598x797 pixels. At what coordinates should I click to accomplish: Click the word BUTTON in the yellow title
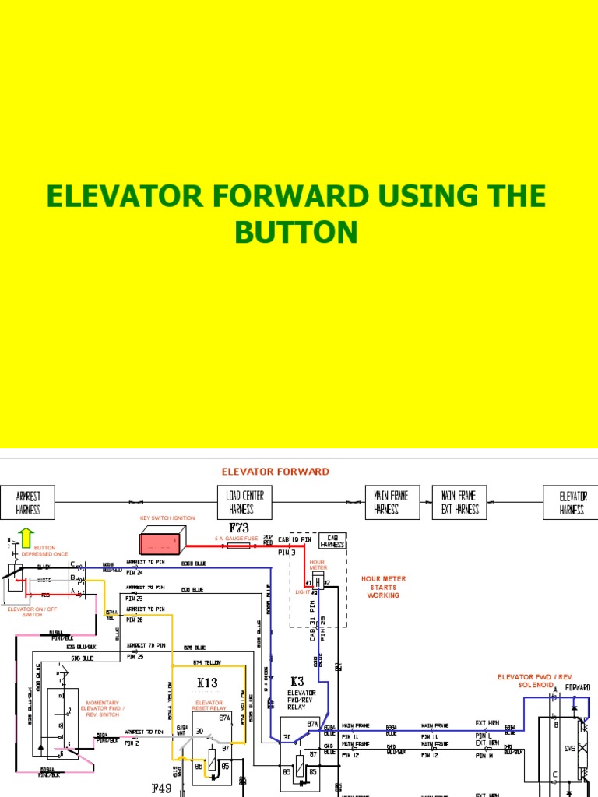click(x=296, y=232)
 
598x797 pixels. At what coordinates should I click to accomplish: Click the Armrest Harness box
click(x=28, y=503)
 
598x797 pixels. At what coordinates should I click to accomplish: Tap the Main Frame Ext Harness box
click(x=460, y=503)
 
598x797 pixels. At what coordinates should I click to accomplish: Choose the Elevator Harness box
click(x=572, y=503)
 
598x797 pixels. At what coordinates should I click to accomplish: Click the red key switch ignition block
click(x=163, y=539)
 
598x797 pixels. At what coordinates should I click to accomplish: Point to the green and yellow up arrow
click(x=26, y=538)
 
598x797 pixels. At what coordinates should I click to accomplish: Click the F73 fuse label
click(x=238, y=528)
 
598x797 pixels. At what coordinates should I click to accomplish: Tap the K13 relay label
click(x=207, y=683)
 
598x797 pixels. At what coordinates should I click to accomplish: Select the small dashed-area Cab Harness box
click(x=332, y=541)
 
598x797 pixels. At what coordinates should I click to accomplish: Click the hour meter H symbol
click(x=318, y=582)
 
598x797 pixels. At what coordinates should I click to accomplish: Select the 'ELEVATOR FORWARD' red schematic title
click(x=275, y=472)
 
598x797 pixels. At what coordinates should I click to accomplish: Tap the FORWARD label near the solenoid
click(x=577, y=688)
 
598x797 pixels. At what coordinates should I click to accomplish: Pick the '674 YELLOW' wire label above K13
click(x=207, y=662)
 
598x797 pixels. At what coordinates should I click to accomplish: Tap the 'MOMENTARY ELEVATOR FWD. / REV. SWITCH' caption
click(x=102, y=708)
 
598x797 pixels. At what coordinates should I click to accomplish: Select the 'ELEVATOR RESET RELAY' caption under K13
click(x=209, y=705)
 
